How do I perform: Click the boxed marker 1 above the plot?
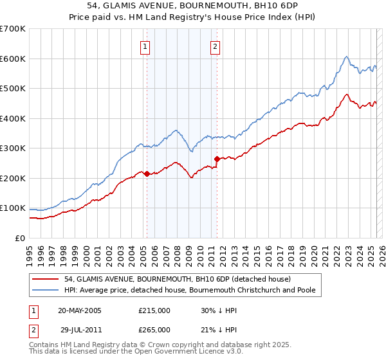click(145, 46)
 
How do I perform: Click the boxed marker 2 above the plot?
click(215, 46)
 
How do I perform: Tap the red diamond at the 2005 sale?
click(147, 174)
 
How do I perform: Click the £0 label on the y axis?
click(20, 238)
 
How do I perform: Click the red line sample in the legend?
click(46, 279)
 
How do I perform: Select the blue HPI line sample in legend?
click(46, 290)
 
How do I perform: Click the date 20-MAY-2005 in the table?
click(80, 310)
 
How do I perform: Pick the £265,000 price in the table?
click(154, 330)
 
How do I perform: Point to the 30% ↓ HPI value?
click(219, 310)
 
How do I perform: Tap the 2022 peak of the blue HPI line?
click(346, 57)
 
